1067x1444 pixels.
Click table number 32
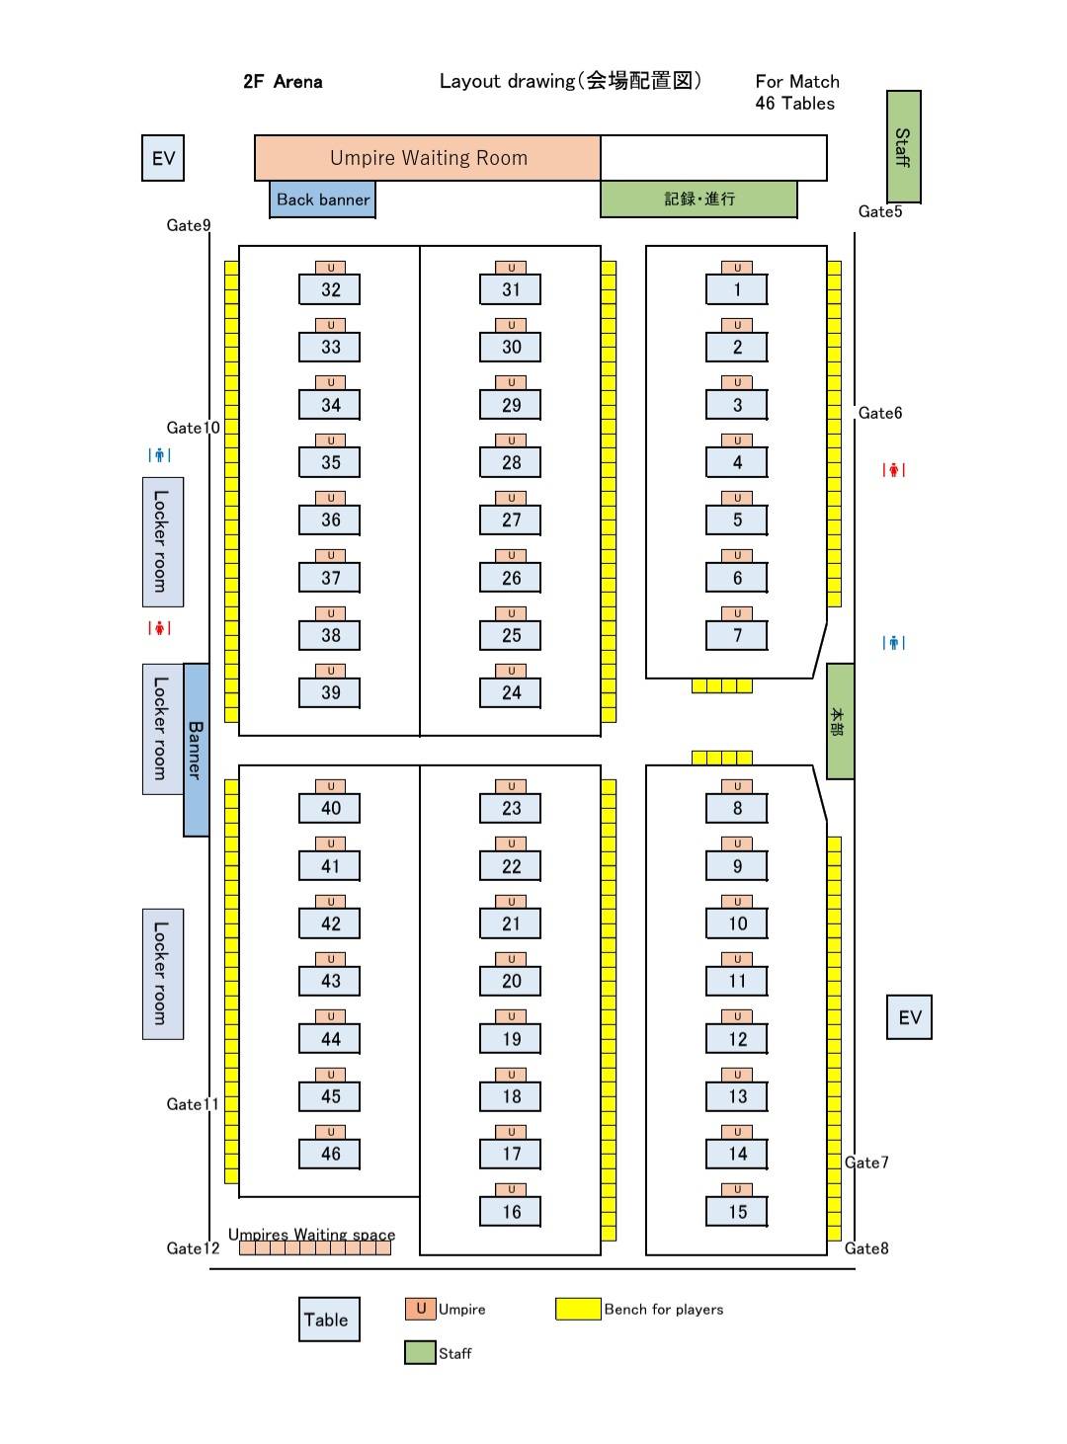click(330, 289)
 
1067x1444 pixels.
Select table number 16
click(511, 1212)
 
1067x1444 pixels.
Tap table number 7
click(737, 635)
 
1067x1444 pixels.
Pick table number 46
click(330, 1154)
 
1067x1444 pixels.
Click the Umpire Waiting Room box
click(428, 158)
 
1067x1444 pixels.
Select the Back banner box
click(322, 200)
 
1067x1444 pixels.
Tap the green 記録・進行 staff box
click(698, 199)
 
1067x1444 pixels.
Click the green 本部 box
click(840, 721)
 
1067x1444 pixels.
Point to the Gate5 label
click(880, 211)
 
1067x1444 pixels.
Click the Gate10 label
click(193, 428)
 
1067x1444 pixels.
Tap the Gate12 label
click(193, 1248)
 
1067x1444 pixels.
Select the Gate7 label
click(867, 1163)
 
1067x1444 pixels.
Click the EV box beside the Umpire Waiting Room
click(163, 158)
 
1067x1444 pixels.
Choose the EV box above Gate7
click(909, 1017)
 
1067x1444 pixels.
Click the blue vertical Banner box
click(196, 750)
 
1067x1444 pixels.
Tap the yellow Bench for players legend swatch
click(578, 1310)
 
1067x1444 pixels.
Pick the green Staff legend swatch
click(420, 1353)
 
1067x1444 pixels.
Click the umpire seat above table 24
click(511, 671)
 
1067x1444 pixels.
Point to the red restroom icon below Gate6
click(894, 470)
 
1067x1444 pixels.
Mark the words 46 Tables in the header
click(794, 104)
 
